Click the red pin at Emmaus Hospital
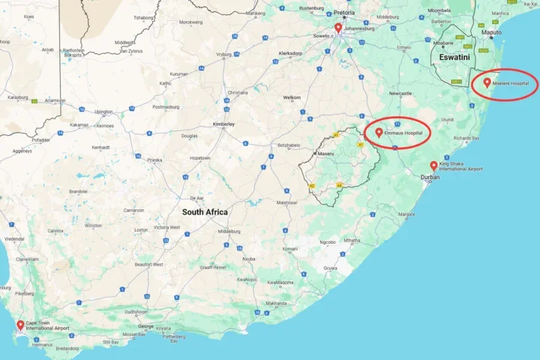click(x=379, y=132)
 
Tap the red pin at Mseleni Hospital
click(x=487, y=82)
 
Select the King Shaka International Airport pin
click(x=433, y=165)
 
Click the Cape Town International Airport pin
click(x=19, y=325)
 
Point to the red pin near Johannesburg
click(x=338, y=27)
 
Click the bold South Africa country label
click(x=204, y=212)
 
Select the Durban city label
click(x=430, y=178)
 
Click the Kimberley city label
click(x=223, y=124)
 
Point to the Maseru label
click(x=325, y=154)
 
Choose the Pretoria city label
click(x=344, y=13)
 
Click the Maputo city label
click(x=492, y=33)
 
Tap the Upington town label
click(x=103, y=112)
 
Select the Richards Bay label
click(x=467, y=138)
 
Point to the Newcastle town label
click(x=400, y=94)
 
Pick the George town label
click(x=146, y=327)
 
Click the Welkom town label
click(x=292, y=97)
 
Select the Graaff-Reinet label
click(x=211, y=267)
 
